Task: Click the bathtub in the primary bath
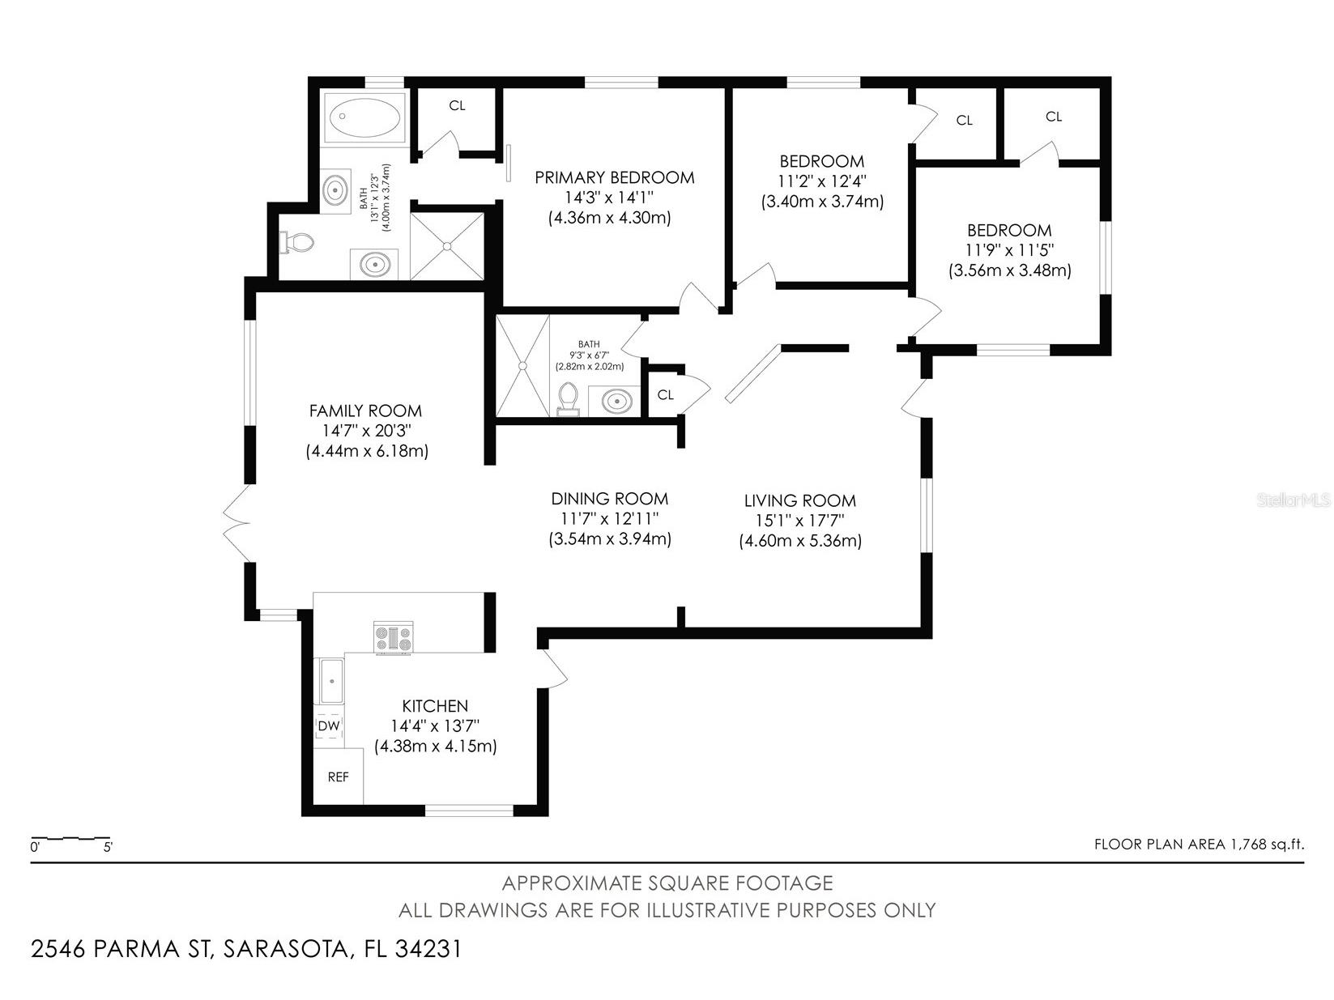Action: click(364, 118)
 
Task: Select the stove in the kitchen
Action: click(394, 637)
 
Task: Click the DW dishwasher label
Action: click(329, 726)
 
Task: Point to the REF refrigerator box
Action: click(339, 777)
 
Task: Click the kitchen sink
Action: click(331, 681)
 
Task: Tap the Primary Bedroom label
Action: click(614, 177)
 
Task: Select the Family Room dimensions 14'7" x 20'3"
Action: click(366, 431)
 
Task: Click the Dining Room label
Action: click(609, 499)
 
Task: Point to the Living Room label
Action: click(799, 500)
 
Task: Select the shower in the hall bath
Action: click(522, 365)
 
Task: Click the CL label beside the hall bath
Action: click(666, 395)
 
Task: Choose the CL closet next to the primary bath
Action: click(457, 106)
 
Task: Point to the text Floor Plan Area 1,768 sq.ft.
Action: click(1199, 845)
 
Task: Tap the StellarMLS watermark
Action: click(1294, 500)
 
